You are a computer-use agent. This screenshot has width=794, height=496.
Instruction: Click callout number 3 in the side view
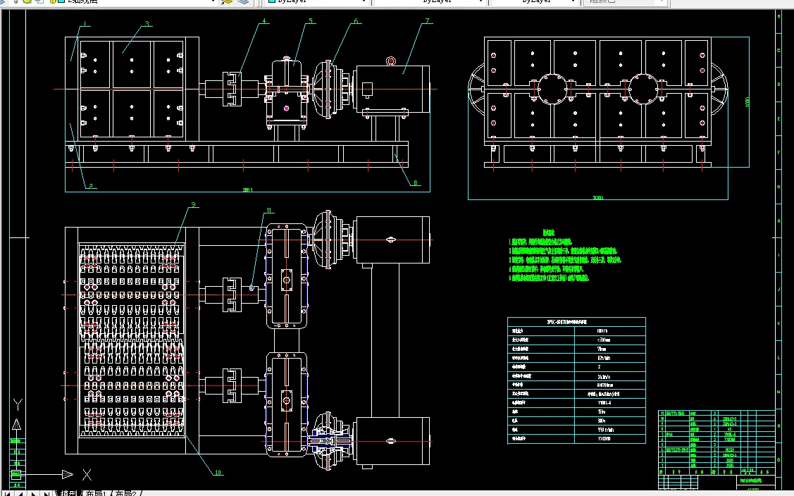coord(147,24)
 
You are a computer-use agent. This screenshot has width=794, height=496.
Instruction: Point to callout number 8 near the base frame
coord(416,183)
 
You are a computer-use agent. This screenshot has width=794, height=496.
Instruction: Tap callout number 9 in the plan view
coord(193,206)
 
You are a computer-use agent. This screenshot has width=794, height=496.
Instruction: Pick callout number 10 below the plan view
coord(218,473)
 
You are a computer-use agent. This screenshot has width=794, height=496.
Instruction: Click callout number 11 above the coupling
coord(268,211)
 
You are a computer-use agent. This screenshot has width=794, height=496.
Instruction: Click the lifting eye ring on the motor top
coord(391,61)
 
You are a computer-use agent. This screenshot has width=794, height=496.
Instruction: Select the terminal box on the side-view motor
coord(367,89)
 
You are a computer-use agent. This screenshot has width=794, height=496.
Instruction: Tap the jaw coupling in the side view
coord(232,89)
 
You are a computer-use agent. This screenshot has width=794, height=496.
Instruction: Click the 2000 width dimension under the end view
coord(598,198)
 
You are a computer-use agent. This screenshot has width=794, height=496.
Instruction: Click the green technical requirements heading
coord(549,232)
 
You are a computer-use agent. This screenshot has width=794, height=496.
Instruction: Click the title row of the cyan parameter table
coord(576,321)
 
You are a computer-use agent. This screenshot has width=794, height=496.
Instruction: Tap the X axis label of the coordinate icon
coord(87,474)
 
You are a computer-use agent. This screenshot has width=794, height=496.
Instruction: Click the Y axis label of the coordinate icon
coord(19,404)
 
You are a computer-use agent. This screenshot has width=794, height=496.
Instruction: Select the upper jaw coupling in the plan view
coord(232,294)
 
